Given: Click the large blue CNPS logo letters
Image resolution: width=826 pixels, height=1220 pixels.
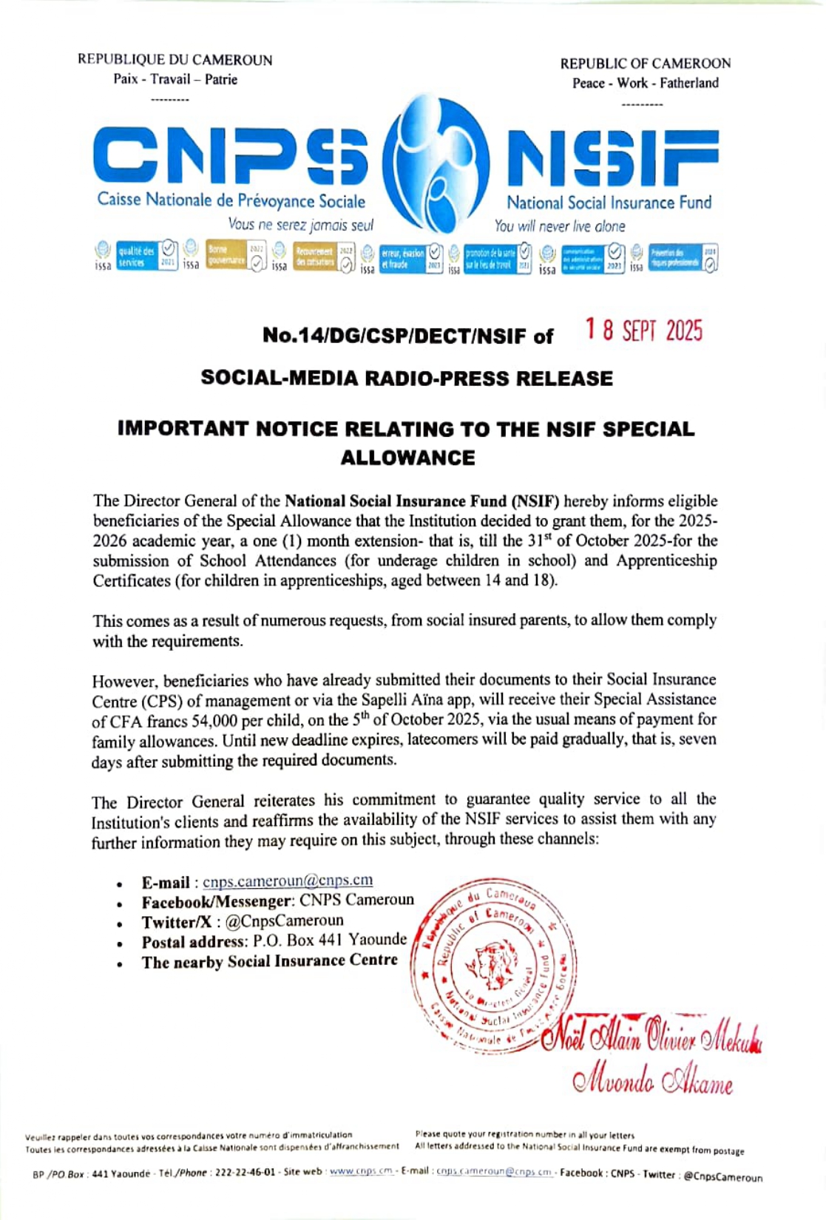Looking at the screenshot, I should tap(230, 156).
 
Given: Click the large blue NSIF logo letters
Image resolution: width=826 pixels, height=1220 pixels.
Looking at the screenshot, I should tap(612, 158).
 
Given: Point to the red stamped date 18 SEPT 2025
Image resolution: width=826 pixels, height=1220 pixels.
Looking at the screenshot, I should tap(643, 331).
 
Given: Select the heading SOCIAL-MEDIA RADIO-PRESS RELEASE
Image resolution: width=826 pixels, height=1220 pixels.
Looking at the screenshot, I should tap(407, 379).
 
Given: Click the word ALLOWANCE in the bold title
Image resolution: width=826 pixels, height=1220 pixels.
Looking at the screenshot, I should tap(407, 458).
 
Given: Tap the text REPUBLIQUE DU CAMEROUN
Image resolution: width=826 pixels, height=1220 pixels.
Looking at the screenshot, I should tap(175, 61).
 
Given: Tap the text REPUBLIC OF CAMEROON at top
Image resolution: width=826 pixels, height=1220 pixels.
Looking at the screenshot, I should tap(645, 64).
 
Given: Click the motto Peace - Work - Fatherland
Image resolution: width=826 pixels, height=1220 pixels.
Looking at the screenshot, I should tap(645, 83).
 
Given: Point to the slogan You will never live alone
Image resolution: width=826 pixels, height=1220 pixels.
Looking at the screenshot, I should tap(560, 226).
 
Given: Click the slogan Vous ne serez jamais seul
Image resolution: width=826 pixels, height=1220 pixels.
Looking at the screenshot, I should tap(300, 225).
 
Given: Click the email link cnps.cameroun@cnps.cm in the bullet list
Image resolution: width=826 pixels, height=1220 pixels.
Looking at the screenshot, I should tap(288, 881).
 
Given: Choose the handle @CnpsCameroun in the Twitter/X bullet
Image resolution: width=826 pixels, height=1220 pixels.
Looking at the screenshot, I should tap(284, 921).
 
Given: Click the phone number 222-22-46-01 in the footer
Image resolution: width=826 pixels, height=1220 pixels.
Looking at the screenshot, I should tap(245, 1173).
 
